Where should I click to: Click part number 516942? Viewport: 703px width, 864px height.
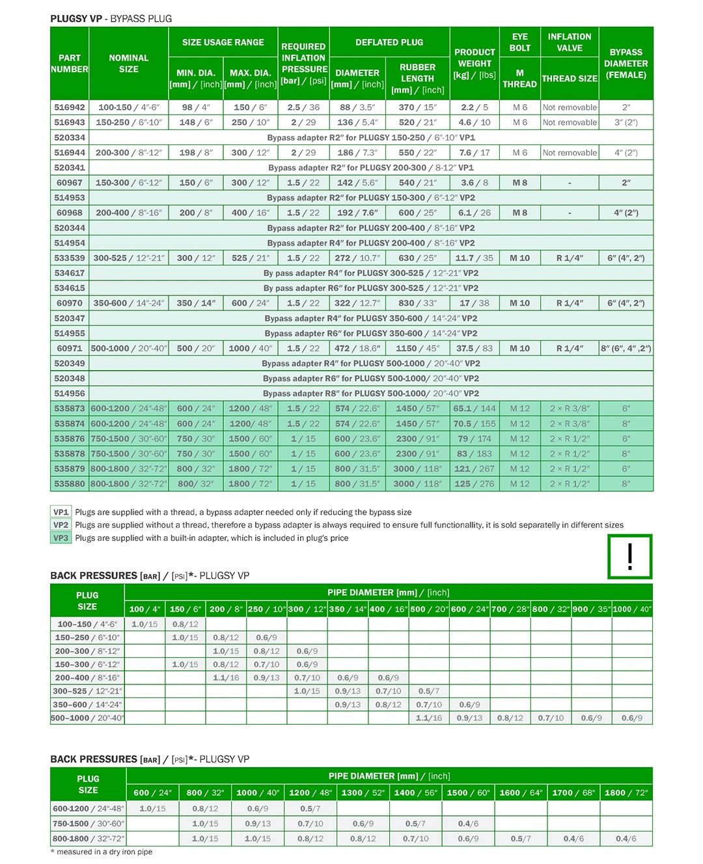pos(70,107)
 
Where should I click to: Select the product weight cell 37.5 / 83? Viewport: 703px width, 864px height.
pos(474,348)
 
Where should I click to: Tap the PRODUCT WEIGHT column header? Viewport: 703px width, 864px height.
pos(475,63)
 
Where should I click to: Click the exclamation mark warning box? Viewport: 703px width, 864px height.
pos(629,557)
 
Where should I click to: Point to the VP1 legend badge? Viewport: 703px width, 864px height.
pos(61,512)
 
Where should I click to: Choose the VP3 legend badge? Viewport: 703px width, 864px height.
pos(61,538)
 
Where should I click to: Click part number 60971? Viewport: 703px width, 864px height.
pos(70,348)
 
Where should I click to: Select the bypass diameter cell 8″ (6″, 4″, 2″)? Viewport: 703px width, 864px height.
pos(626,348)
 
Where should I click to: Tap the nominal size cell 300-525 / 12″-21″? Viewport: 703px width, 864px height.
pos(129,258)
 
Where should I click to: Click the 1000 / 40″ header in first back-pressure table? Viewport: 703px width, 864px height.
pos(631,609)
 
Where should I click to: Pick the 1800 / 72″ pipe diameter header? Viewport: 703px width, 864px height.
pos(626,792)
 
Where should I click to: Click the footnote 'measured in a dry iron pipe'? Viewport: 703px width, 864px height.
pos(102,852)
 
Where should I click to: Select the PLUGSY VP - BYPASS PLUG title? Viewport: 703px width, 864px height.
pos(111,19)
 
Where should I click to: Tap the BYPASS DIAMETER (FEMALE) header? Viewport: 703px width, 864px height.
pos(626,63)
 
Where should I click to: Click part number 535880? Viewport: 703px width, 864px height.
pos(70,483)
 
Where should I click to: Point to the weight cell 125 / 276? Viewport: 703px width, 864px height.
pos(474,483)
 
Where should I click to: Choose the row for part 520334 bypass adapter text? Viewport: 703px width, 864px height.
pos(371,137)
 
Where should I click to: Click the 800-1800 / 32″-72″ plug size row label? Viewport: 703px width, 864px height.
pos(89,839)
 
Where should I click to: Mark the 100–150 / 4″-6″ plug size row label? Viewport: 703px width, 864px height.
pos(88,624)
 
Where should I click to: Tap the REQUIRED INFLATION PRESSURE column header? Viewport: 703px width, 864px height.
pos(303,63)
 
